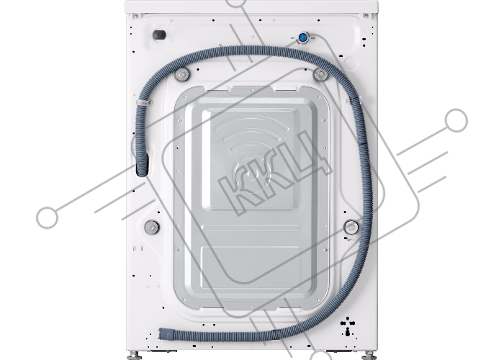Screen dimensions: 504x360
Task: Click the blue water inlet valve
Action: tap(302, 38)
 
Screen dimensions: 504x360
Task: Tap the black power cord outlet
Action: tap(159, 35)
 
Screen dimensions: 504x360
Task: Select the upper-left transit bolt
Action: tap(182, 75)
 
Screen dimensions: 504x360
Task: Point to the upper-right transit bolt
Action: tap(320, 75)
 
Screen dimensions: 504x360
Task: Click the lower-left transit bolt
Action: tap(151, 228)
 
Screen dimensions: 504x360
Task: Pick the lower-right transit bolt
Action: tap(351, 228)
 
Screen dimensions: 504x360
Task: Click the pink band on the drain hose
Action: tap(143, 103)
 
